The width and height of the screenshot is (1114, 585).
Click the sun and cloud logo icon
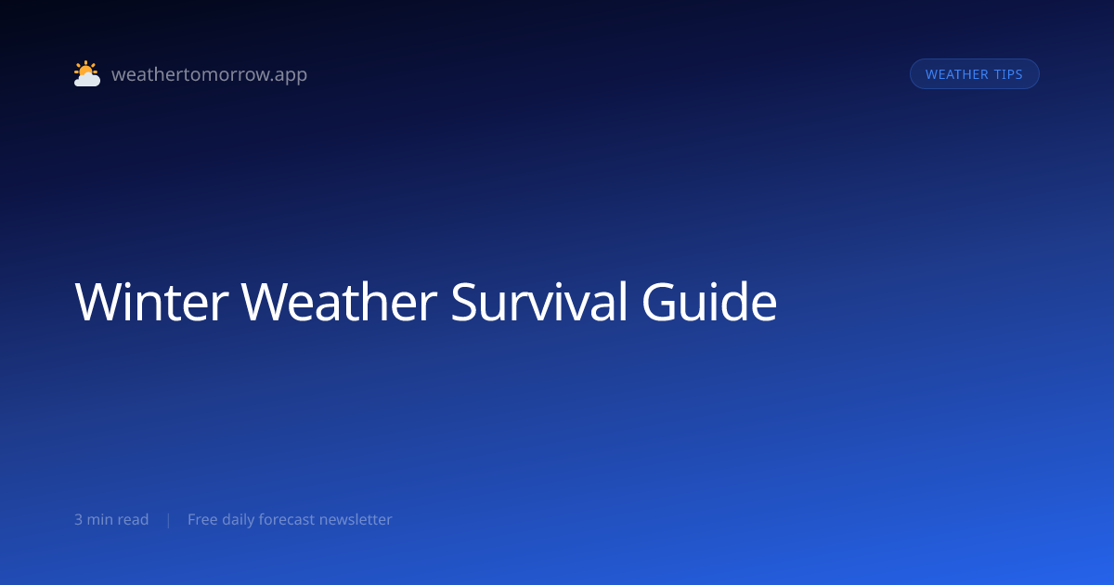pos(87,73)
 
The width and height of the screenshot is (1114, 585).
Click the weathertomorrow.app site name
pos(210,74)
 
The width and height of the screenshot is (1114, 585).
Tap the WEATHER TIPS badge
pos(974,74)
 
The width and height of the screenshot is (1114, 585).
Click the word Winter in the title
pos(151,302)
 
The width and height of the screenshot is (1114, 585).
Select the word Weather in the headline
pos(339,302)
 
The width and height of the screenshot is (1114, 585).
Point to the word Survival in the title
pos(539,302)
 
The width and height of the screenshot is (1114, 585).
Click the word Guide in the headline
pos(709,302)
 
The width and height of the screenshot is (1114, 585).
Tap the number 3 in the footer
pos(79,520)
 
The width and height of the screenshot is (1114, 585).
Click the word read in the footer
pos(133,519)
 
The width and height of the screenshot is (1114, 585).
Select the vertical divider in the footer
pos(169,520)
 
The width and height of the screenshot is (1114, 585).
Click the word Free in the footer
pos(202,519)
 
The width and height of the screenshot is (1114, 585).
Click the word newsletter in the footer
pos(356,519)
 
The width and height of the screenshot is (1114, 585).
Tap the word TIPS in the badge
pos(1008,74)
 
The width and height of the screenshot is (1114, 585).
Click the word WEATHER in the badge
pos(957,74)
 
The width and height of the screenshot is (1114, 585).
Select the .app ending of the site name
pos(290,75)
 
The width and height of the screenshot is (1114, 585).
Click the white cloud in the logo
pos(87,80)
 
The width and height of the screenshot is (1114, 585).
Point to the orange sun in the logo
pos(85,69)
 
